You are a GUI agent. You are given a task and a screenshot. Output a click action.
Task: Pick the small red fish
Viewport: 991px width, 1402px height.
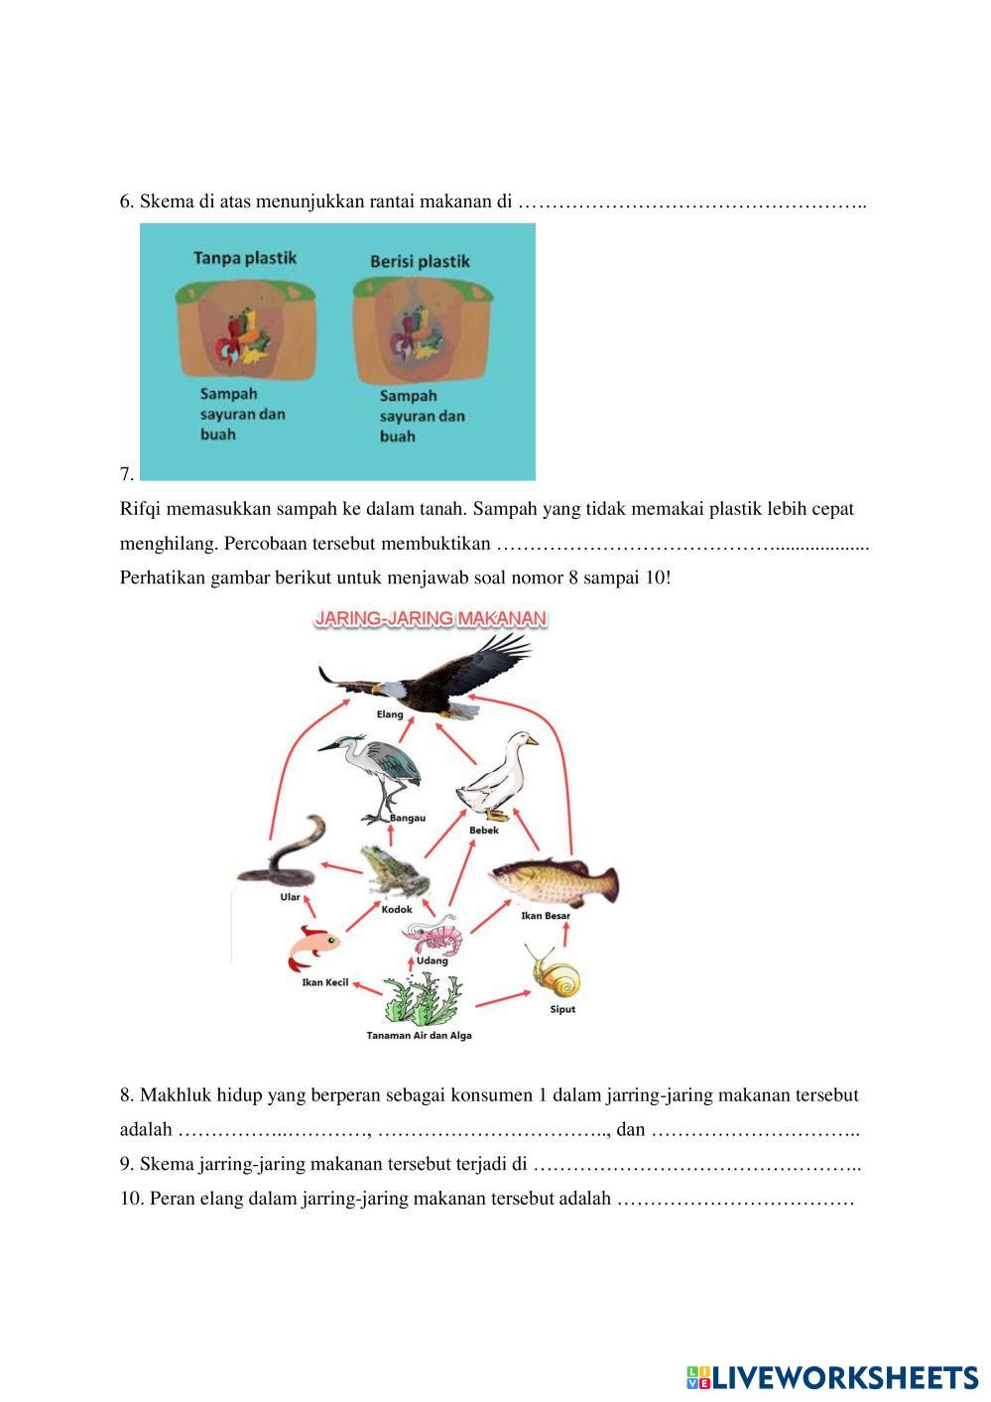(312, 949)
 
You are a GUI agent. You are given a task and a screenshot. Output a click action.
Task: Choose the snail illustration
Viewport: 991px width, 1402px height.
(556, 973)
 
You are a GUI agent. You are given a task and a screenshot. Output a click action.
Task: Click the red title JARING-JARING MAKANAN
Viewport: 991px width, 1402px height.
(431, 618)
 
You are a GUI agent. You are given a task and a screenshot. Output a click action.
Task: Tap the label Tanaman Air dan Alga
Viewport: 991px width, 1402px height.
(419, 1036)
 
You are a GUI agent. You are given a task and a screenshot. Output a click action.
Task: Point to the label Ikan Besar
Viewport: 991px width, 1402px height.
(546, 916)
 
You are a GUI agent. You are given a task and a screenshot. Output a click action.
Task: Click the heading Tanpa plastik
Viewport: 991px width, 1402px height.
(244, 258)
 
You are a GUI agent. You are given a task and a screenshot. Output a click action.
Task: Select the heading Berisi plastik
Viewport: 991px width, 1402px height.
(420, 262)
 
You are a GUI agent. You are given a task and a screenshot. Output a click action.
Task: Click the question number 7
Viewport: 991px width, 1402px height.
(126, 474)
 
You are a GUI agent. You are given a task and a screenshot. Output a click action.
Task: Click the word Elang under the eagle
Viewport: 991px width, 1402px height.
(390, 714)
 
